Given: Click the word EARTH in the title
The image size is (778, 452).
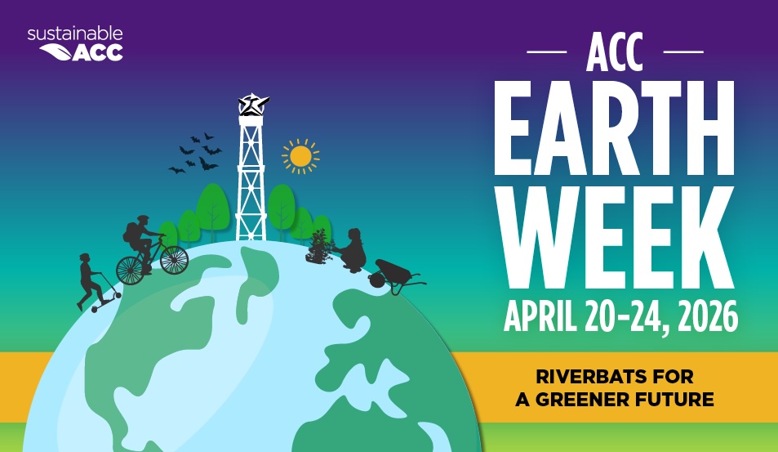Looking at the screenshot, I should point(614,132).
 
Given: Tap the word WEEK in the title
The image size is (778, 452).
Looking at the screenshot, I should point(614,238).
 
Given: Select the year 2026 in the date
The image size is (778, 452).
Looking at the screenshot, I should point(704,315).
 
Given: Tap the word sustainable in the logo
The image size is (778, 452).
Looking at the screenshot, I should point(74,34).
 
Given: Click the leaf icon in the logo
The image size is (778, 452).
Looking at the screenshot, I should point(55,52).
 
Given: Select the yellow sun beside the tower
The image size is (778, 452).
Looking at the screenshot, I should point(300,155).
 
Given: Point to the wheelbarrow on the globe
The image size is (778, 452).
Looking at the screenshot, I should point(394,275).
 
